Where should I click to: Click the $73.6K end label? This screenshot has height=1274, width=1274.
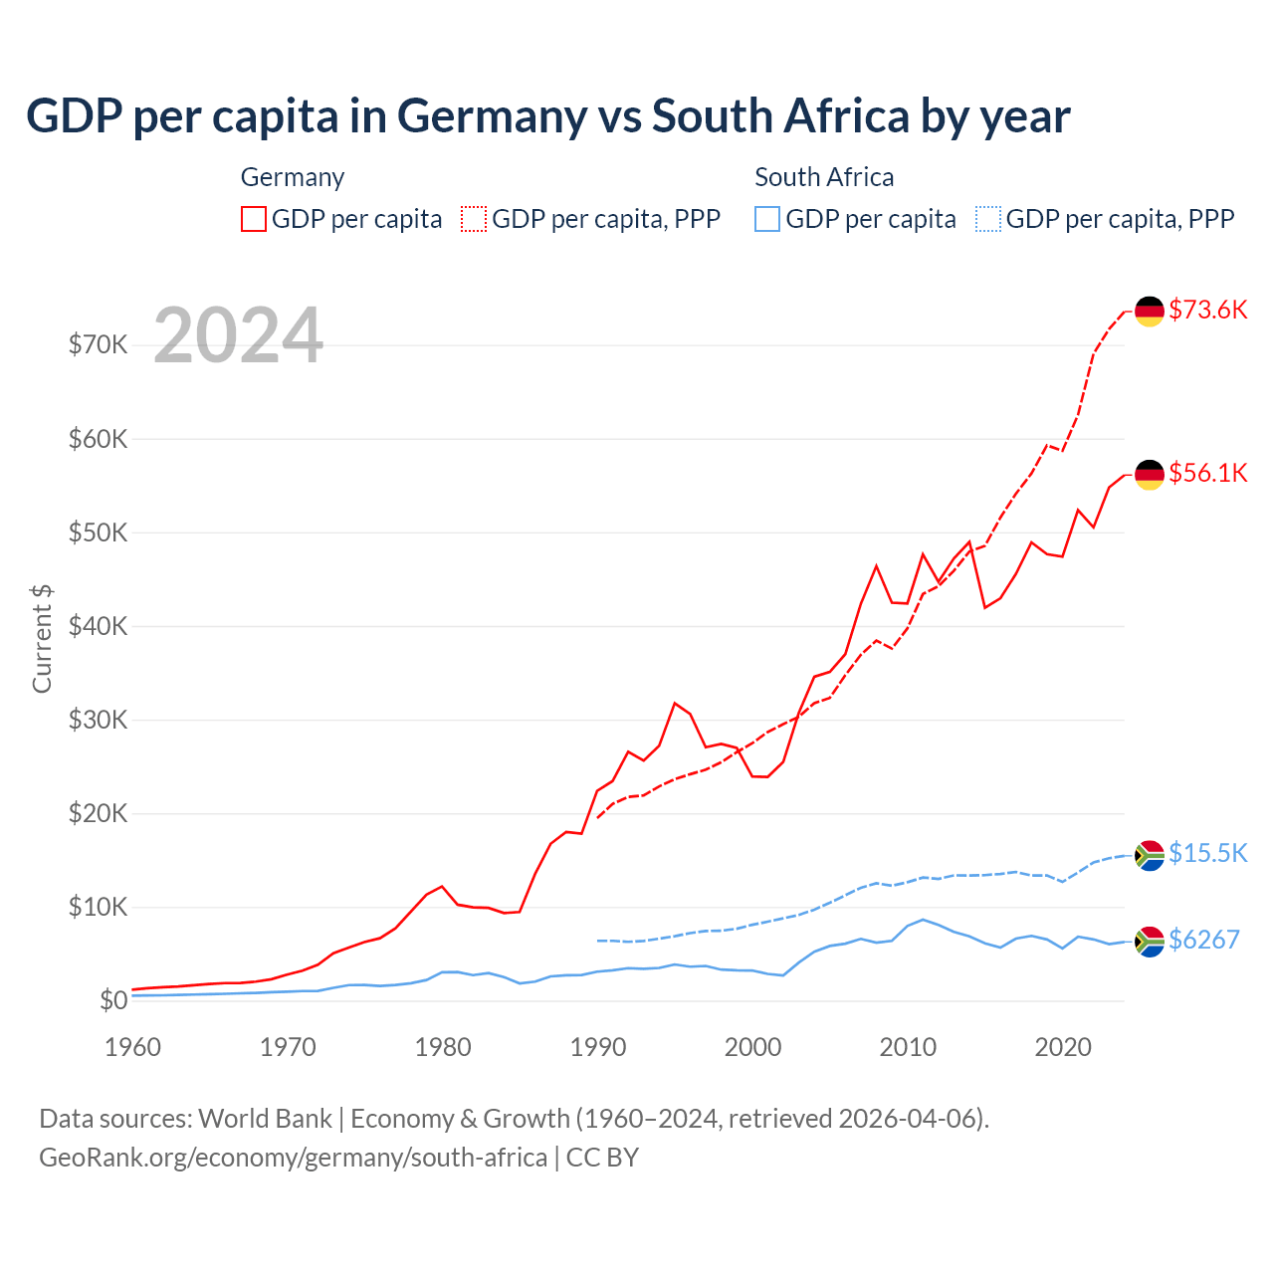[x=1207, y=310]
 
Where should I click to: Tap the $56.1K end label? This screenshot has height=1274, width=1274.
[x=1207, y=473]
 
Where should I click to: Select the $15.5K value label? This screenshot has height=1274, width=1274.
[x=1207, y=853]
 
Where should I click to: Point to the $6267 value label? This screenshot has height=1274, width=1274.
[x=1203, y=940]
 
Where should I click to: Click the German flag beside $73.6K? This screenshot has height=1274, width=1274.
[x=1150, y=312]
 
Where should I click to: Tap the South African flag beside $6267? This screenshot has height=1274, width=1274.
[x=1150, y=941]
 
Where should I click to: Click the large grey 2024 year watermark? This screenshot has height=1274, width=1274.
[x=239, y=335]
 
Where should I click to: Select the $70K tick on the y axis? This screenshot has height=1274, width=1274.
[x=98, y=345]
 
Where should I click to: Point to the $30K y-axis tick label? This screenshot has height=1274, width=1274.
[x=98, y=720]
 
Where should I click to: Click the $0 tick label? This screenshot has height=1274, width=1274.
[x=113, y=1001]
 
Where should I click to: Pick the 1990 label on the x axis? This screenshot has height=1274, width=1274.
[x=598, y=1047]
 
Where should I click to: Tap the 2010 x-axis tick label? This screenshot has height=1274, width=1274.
[x=908, y=1047]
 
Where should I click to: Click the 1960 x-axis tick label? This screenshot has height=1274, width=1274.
[x=133, y=1047]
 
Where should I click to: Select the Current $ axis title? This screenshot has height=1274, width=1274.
[x=42, y=639]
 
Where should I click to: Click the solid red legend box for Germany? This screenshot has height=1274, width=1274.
[x=254, y=219]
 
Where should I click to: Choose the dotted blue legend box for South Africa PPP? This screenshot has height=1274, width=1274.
[x=988, y=219]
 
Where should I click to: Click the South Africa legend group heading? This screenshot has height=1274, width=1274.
[x=824, y=177]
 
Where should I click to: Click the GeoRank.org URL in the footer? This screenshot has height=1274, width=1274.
[x=293, y=1158]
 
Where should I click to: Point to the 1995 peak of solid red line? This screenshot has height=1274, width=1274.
[x=675, y=704]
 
